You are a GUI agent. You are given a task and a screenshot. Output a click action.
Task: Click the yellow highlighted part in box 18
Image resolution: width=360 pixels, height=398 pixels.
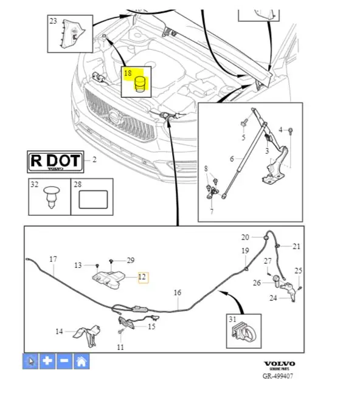140,84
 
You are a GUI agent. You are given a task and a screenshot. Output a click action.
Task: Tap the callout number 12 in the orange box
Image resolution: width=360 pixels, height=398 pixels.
142,276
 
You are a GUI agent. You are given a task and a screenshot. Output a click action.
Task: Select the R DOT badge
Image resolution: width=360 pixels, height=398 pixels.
55,162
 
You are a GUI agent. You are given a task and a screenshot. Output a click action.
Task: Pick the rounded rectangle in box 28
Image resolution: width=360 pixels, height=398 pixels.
93,199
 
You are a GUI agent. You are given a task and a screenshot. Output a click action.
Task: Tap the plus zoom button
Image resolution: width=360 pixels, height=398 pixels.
47,361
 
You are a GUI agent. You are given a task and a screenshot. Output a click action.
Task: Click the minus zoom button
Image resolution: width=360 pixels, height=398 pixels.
64,361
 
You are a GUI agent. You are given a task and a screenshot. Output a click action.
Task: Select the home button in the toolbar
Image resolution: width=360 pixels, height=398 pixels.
81,361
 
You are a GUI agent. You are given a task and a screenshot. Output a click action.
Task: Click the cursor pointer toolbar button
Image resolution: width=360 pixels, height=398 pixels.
30,361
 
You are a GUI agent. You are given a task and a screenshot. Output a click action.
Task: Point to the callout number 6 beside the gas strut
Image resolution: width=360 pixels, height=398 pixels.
232,159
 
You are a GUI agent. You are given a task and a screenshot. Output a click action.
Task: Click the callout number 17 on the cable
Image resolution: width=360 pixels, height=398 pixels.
53,259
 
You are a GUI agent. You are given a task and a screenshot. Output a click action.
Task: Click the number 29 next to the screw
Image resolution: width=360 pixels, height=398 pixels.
131,260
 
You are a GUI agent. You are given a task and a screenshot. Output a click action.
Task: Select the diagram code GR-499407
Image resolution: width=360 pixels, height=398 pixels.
278,376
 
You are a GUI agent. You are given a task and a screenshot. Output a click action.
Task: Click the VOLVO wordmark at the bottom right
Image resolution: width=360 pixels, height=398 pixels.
279,364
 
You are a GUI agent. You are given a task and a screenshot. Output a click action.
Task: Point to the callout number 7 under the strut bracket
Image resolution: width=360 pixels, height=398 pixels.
212,211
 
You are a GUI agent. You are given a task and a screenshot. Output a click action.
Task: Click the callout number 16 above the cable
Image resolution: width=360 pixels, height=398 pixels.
178,293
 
